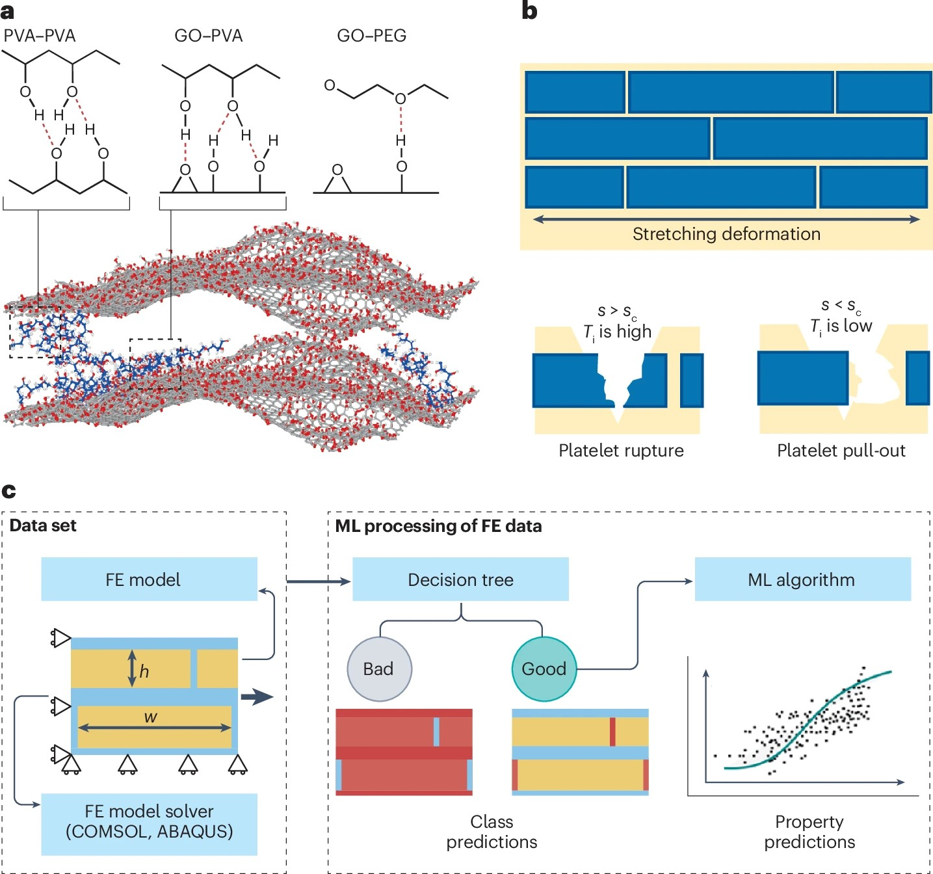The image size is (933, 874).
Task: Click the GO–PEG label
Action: pyautogui.click(x=371, y=36)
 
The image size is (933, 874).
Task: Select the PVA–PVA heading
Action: pyautogui.click(x=40, y=36)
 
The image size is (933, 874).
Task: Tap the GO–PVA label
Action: pyautogui.click(x=208, y=36)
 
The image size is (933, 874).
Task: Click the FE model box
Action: pyautogui.click(x=149, y=579)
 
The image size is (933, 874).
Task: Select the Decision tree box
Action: pyautogui.click(x=460, y=579)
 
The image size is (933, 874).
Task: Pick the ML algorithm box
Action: pyautogui.click(x=802, y=579)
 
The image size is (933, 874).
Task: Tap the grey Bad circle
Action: pyautogui.click(x=379, y=669)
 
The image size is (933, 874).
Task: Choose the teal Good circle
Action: pyautogui.click(x=544, y=669)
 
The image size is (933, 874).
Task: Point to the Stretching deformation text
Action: pyautogui.click(x=726, y=234)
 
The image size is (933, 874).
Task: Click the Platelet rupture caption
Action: pyautogui.click(x=621, y=451)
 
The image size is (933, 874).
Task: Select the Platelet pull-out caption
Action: pyautogui.click(x=841, y=451)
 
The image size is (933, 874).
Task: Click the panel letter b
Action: pyautogui.click(x=529, y=11)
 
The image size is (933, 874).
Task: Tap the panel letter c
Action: pyautogui.click(x=8, y=490)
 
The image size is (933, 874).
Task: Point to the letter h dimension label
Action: pyautogui.click(x=144, y=671)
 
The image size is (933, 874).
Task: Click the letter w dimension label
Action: pyautogui.click(x=150, y=717)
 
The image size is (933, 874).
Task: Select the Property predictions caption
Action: pyautogui.click(x=809, y=832)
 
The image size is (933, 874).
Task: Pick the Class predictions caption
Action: pyautogui.click(x=492, y=832)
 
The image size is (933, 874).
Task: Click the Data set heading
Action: pyautogui.click(x=43, y=525)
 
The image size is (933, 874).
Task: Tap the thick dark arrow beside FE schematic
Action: pyautogui.click(x=257, y=697)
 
